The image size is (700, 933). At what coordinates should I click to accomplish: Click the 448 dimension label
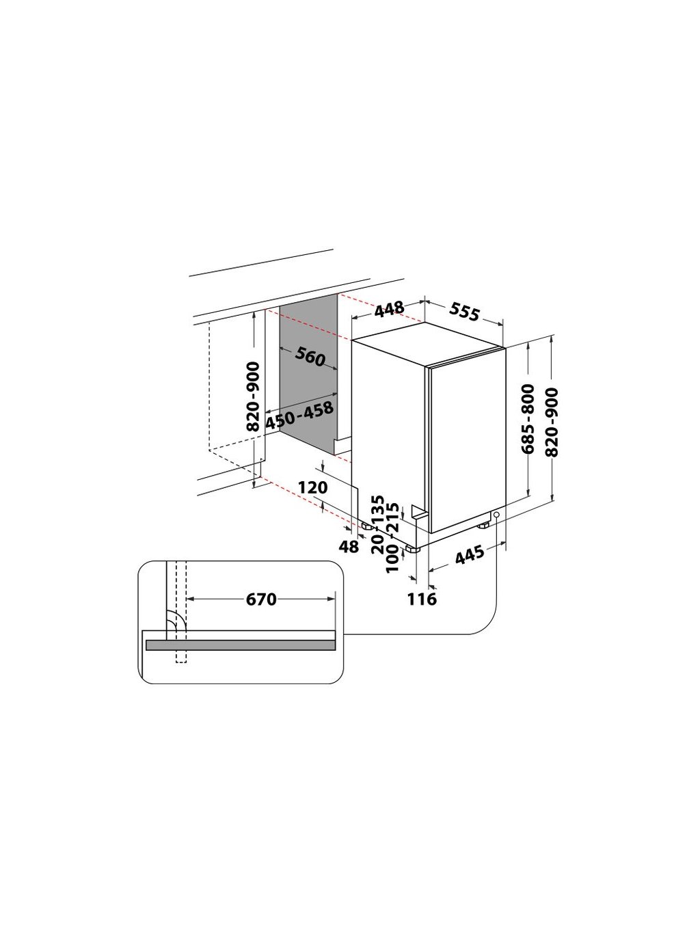point(389,310)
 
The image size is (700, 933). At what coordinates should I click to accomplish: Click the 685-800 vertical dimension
point(528,419)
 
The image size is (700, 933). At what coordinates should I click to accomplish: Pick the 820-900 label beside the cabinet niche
point(253,396)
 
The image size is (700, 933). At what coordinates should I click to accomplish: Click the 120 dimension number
point(314,487)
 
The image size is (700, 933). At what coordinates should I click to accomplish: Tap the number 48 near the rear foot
point(349,546)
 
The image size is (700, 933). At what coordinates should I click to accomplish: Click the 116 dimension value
point(422,599)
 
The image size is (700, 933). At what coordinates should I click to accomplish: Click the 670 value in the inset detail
point(261,599)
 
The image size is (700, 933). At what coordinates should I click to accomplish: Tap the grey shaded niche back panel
point(309,383)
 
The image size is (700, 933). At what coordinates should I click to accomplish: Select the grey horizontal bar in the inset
point(239,645)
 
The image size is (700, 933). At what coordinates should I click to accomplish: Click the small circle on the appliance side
point(496,515)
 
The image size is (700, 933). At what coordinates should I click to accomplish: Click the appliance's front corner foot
point(414,548)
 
